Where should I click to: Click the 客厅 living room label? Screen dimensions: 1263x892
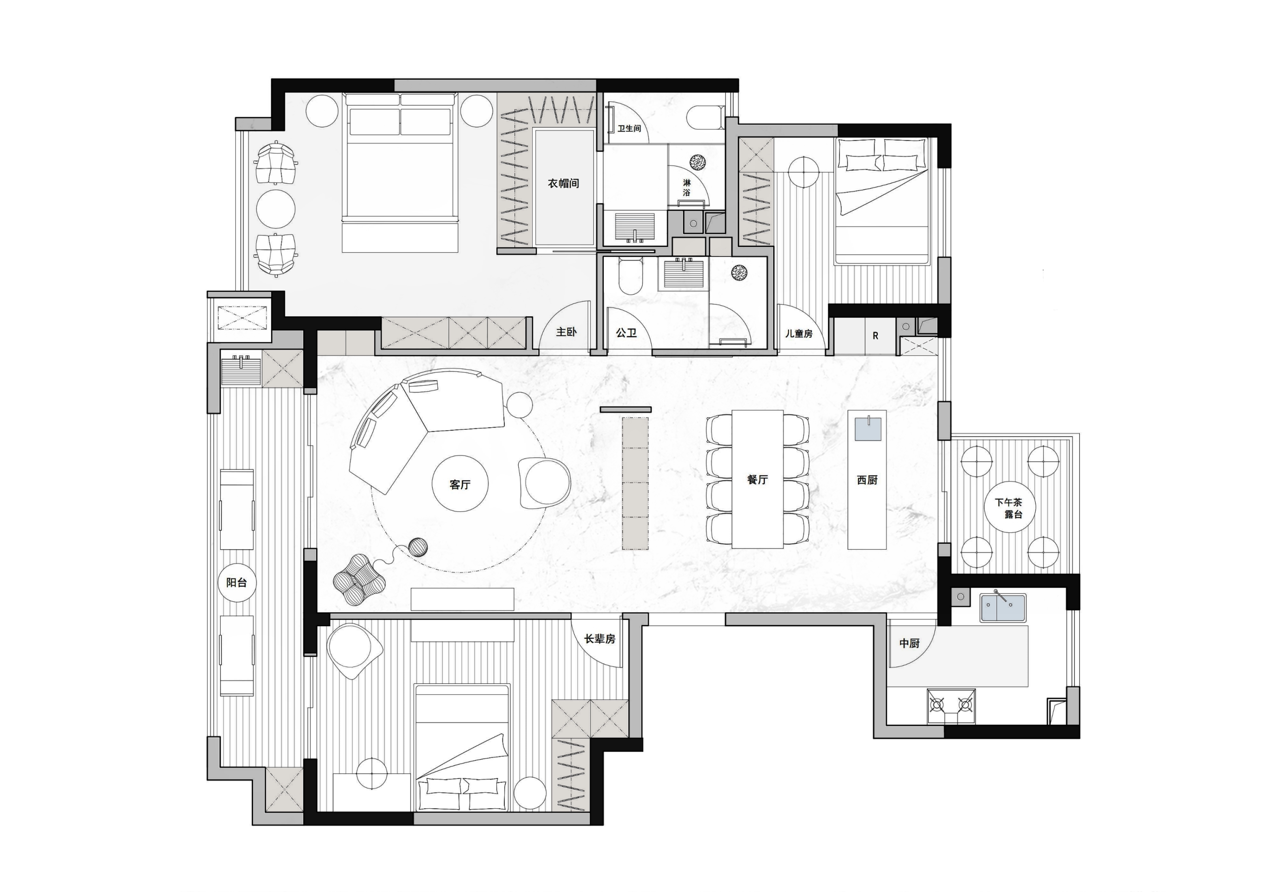(x=460, y=484)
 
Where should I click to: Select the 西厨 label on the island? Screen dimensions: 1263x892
(x=867, y=480)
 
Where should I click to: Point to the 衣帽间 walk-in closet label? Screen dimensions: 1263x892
(x=563, y=183)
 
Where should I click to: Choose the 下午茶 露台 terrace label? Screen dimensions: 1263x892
(x=1009, y=508)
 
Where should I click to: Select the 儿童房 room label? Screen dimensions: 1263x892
(x=799, y=333)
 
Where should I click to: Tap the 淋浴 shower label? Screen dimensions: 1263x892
(x=686, y=187)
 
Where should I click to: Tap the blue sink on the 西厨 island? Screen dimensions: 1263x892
(x=868, y=429)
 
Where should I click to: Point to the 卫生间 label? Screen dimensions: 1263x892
(x=629, y=128)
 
